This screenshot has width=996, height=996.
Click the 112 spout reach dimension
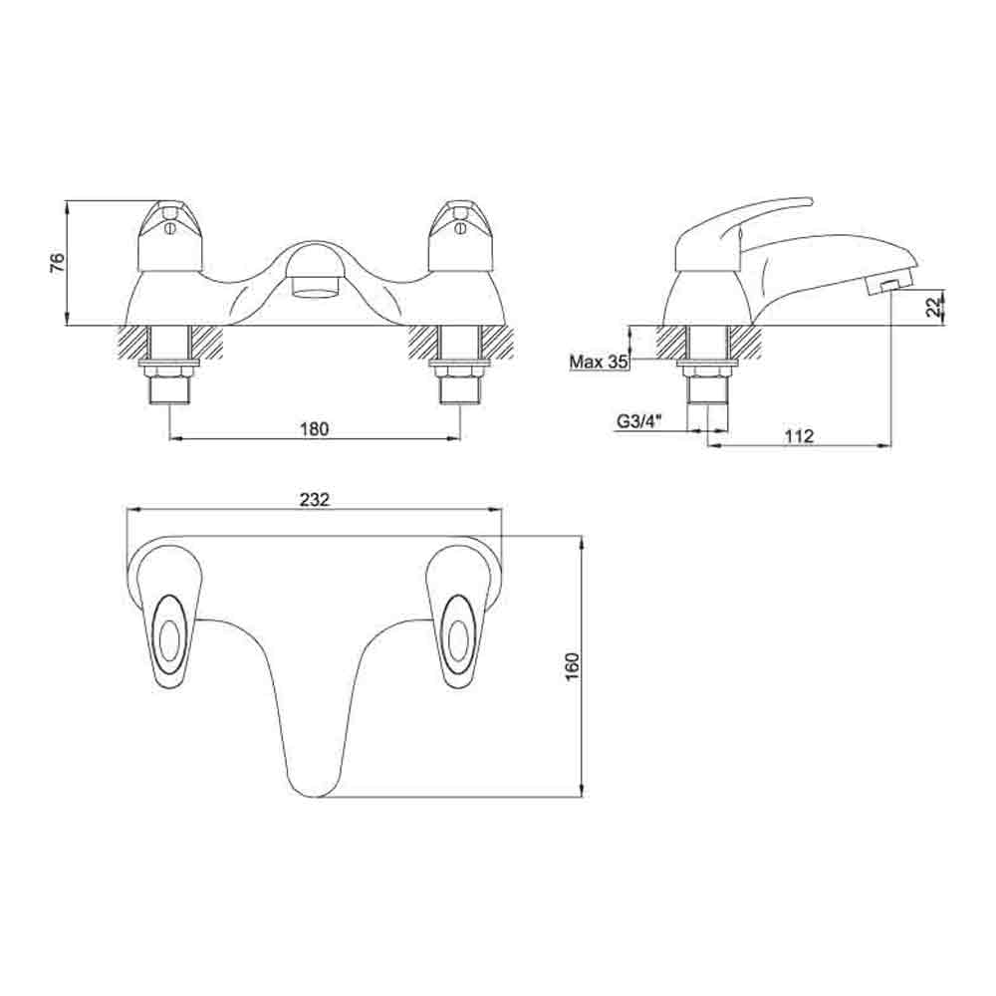tap(799, 435)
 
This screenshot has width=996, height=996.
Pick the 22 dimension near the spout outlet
tap(932, 307)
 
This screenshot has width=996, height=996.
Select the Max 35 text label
tap(599, 362)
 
